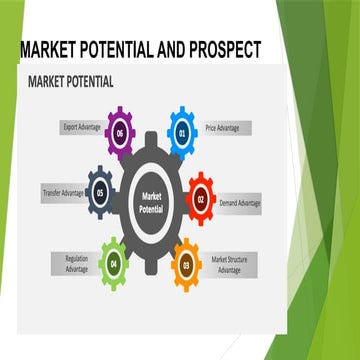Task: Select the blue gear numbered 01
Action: point(182,130)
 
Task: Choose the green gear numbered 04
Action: point(113,262)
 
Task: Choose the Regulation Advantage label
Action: point(70,262)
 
